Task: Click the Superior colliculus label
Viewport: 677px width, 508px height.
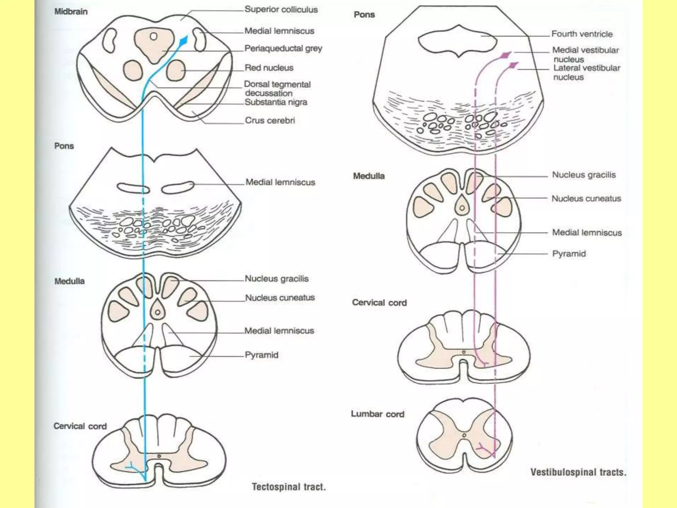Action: click(281, 10)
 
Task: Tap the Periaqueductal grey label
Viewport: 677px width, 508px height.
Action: click(283, 48)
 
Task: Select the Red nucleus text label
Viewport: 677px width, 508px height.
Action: click(269, 68)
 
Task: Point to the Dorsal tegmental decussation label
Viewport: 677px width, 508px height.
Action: click(277, 89)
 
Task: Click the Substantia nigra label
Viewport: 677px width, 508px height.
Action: click(276, 102)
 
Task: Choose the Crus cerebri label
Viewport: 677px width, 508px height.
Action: click(269, 120)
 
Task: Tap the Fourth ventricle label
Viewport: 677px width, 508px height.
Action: click(582, 34)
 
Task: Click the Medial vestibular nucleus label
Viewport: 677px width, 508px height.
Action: click(585, 55)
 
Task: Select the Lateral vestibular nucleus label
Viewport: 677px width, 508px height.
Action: click(586, 72)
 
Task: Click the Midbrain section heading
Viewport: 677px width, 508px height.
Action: click(71, 12)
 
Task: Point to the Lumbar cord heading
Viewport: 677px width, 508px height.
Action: click(378, 414)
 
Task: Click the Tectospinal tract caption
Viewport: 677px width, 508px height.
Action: click(289, 487)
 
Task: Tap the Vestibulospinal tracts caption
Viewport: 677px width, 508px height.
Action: click(578, 472)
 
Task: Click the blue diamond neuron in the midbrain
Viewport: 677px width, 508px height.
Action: click(183, 41)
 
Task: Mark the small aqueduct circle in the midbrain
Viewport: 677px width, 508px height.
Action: click(153, 36)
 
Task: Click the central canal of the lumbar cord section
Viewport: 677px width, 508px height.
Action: click(464, 436)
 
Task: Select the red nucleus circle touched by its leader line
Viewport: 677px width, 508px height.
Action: click(176, 70)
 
